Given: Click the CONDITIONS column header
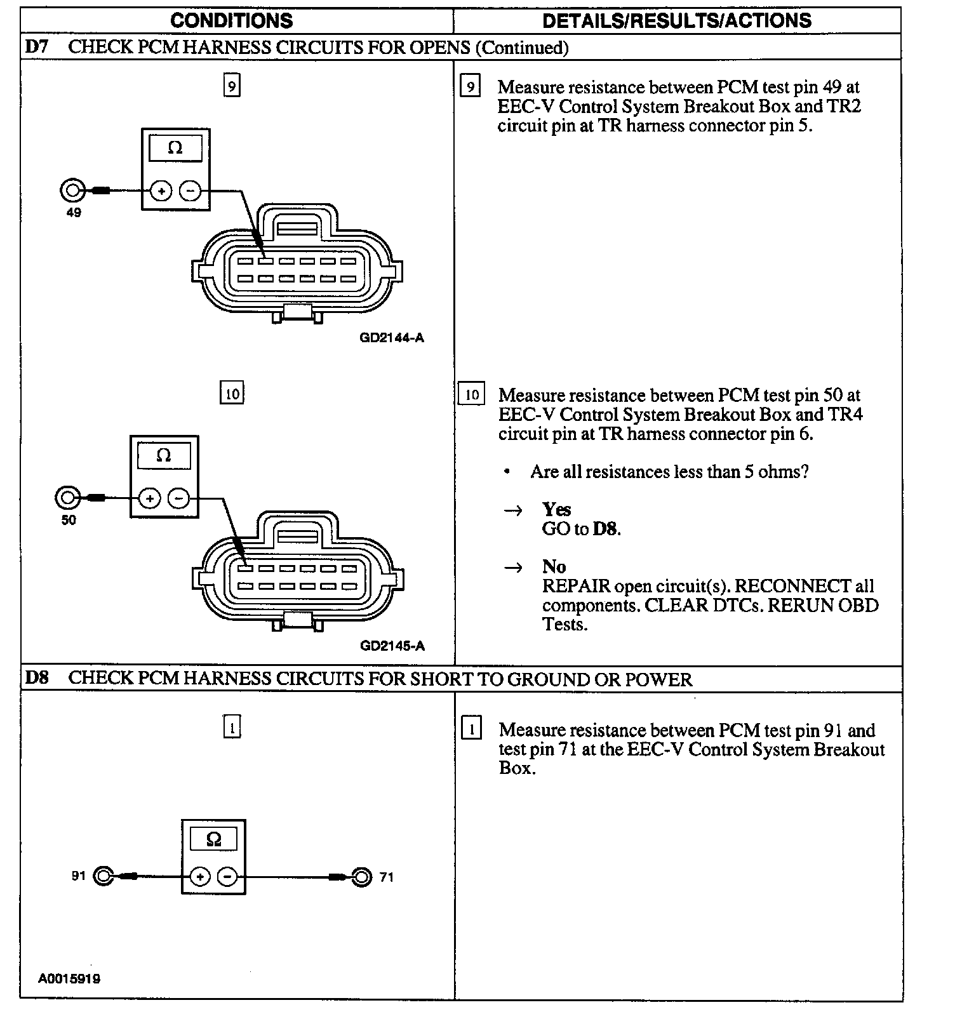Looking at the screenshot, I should (232, 20).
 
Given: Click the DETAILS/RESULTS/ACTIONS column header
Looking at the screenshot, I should (676, 20).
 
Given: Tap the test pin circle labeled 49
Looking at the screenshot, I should (72, 190).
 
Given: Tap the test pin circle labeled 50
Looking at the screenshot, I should (67, 498).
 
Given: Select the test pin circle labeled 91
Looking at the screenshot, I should (104, 877).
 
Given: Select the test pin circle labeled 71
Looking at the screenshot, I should (361, 877).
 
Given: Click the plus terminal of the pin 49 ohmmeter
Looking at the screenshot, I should (161, 190).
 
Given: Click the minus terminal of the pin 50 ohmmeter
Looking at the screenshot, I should (178, 498).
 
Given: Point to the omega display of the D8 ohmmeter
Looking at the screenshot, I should (214, 839).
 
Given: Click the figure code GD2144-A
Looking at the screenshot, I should (392, 338).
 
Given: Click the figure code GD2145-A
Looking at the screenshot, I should (392, 646).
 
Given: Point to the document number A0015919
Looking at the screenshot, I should (69, 978).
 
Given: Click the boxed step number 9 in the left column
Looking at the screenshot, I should (232, 86).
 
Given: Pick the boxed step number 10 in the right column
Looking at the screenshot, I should (471, 394).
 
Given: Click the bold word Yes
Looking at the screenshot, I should (556, 509).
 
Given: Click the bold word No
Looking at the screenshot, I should (554, 566).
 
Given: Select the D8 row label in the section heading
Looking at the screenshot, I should (37, 678).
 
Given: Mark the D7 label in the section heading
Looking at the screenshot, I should (37, 47).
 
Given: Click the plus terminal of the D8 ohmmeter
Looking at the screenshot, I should (200, 877).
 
